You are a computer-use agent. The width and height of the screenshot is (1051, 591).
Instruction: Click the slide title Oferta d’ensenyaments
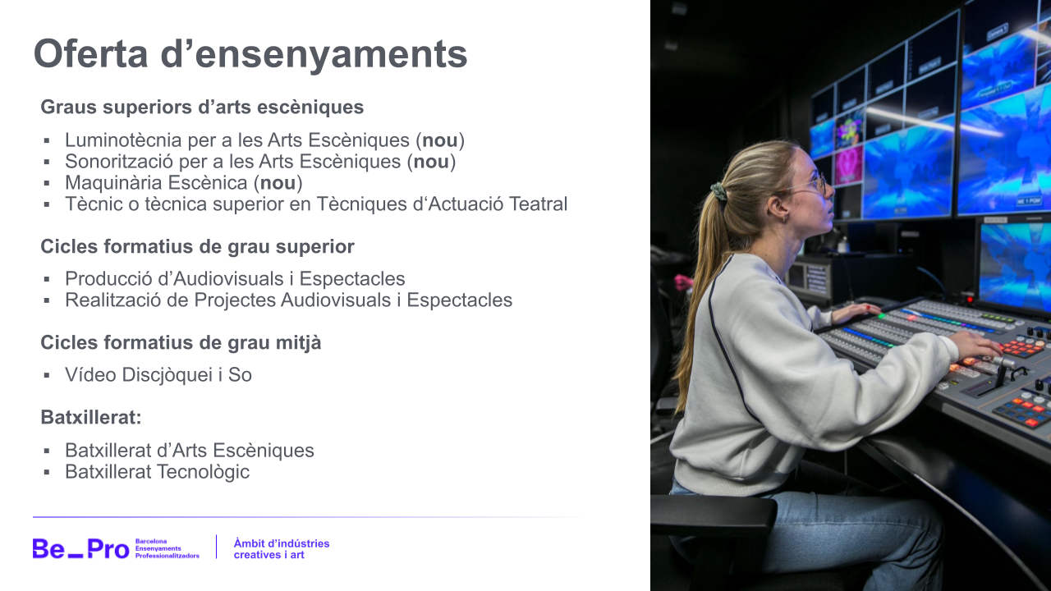(250, 54)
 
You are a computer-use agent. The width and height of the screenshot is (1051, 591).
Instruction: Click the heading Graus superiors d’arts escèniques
(202, 108)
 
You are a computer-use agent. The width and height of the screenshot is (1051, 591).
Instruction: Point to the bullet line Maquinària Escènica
(183, 183)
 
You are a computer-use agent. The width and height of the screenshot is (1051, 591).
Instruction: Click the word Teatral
(538, 204)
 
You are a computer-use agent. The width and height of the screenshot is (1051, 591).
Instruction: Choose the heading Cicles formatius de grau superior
(197, 246)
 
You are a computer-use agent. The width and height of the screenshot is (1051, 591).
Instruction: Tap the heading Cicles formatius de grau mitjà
(181, 342)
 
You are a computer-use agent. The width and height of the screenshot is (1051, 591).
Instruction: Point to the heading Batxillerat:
(91, 417)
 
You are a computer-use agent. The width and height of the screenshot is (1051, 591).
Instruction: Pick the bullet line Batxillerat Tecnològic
(157, 472)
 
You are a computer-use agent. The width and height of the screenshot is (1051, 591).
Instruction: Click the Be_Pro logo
(80, 548)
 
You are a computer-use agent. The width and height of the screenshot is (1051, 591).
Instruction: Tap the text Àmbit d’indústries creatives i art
(281, 548)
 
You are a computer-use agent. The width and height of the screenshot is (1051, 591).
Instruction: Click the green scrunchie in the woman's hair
(718, 192)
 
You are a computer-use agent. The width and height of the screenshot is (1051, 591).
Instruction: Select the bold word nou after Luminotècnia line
(440, 140)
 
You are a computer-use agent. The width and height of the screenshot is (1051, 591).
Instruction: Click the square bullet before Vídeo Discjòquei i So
(48, 376)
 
